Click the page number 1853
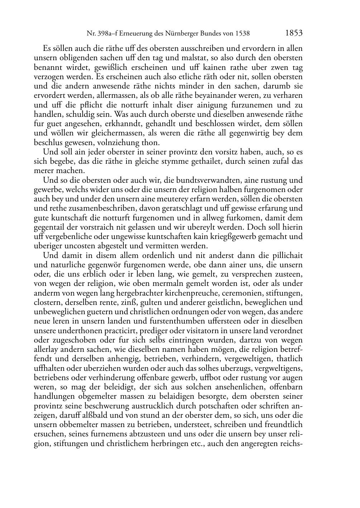pos(294,33)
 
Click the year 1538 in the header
pos(242,34)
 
